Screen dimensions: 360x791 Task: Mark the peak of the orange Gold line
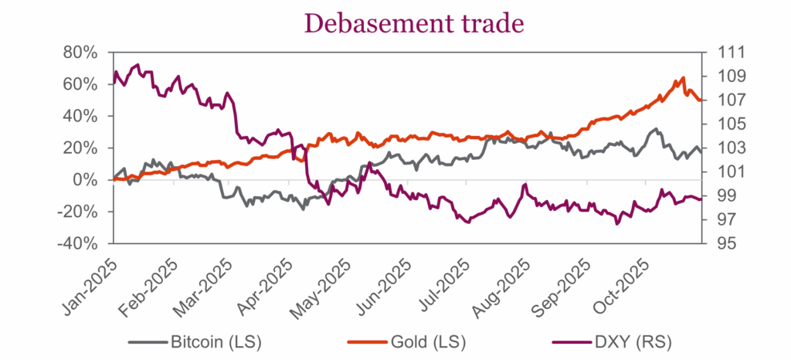tap(684, 78)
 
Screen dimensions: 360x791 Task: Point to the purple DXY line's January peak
tap(137, 65)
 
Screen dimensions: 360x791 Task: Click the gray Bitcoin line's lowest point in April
tap(304, 209)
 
